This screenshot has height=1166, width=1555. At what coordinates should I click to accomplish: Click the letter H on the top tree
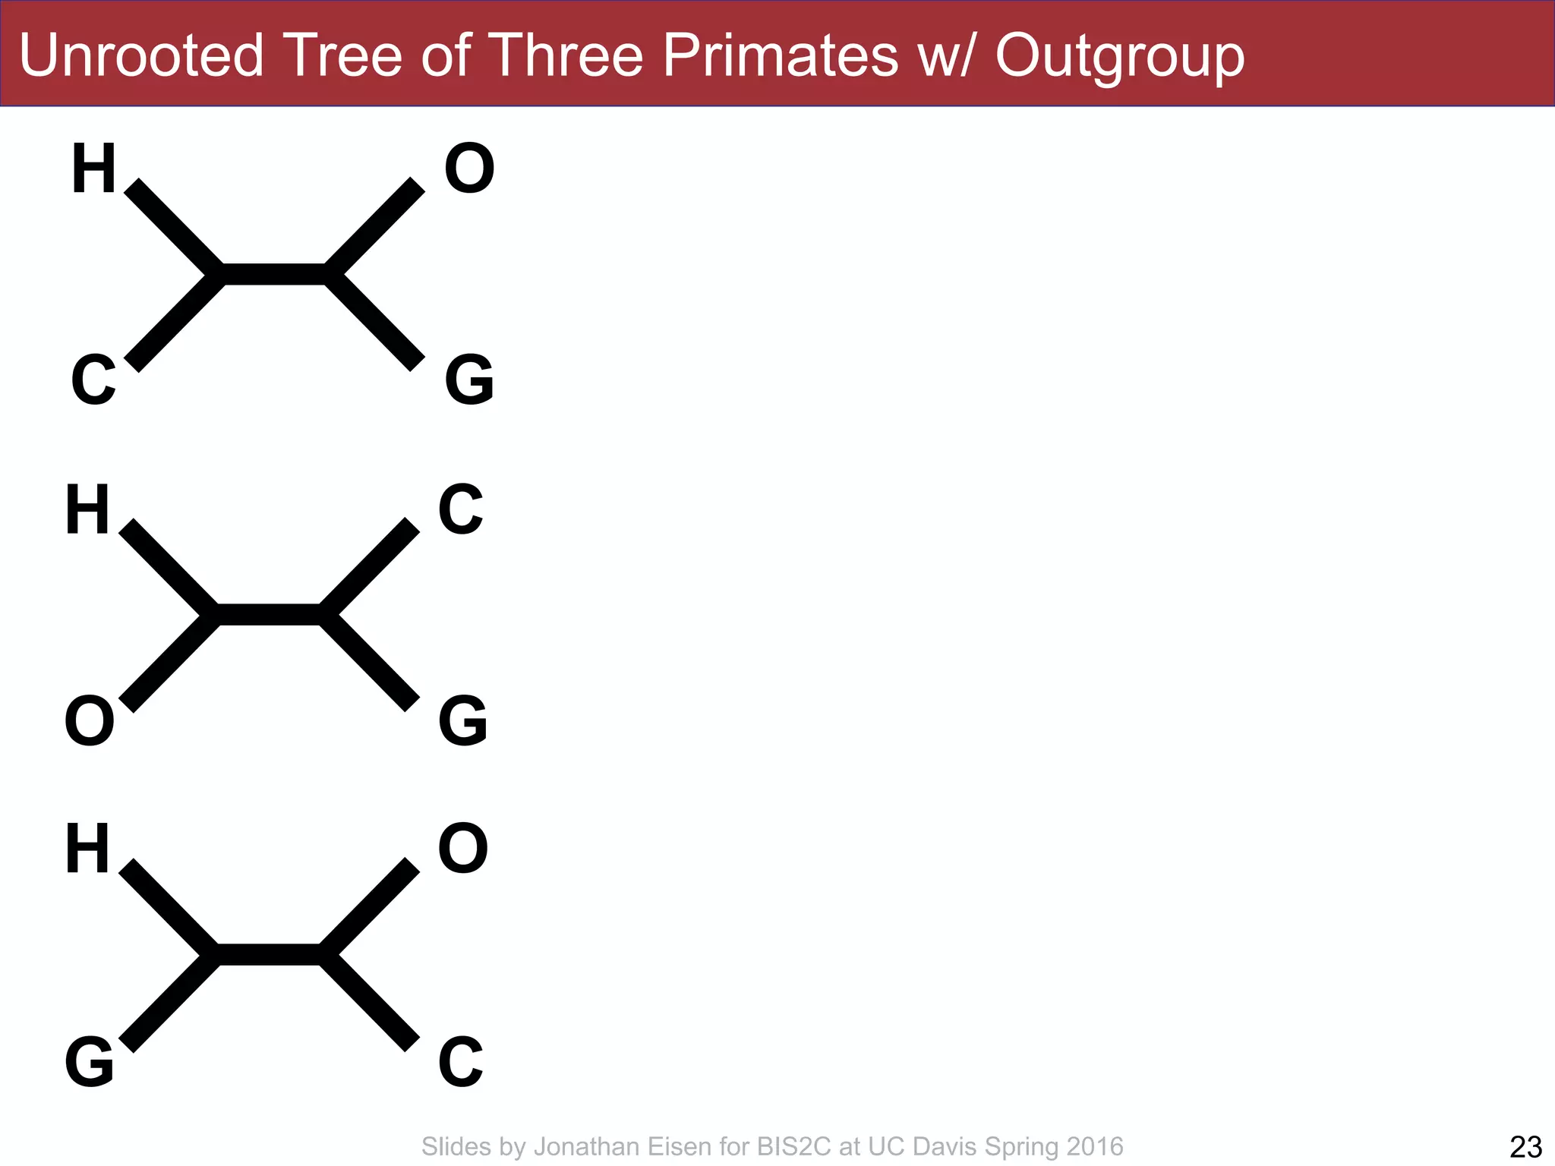[x=93, y=169]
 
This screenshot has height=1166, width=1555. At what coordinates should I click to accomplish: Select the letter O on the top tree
[x=469, y=169]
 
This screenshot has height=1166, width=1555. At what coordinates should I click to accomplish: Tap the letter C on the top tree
[x=93, y=380]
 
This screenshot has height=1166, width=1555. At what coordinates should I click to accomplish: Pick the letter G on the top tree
[x=469, y=380]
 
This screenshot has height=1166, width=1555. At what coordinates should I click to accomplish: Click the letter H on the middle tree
[x=87, y=509]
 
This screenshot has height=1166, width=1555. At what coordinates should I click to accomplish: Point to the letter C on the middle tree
[x=461, y=509]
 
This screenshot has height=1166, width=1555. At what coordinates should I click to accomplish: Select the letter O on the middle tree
[x=90, y=721]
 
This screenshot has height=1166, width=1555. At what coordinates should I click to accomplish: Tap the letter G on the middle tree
[x=463, y=721]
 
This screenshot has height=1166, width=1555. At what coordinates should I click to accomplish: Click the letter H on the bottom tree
[x=87, y=849]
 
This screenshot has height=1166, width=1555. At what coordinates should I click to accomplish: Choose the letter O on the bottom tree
[x=463, y=849]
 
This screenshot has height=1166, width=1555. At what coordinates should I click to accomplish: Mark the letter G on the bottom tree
[x=90, y=1061]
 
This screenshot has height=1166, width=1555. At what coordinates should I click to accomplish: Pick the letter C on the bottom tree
[x=461, y=1061]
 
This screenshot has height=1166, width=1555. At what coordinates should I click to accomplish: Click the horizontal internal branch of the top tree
[x=274, y=274]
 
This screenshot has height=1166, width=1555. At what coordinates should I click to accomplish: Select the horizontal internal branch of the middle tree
[x=269, y=615]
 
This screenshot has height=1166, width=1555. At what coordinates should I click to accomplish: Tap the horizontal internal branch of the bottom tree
[x=269, y=955]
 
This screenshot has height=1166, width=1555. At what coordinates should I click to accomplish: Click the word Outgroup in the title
[x=1120, y=57]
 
